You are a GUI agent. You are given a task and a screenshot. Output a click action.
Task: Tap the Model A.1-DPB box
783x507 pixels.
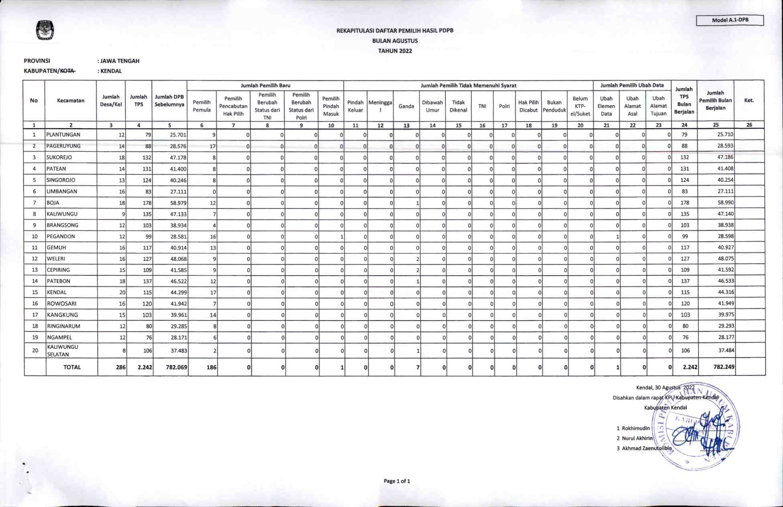[730, 20]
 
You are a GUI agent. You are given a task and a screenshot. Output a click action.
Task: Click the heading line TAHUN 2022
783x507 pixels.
[395, 51]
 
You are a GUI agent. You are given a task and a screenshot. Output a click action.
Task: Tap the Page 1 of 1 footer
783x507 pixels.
[397, 481]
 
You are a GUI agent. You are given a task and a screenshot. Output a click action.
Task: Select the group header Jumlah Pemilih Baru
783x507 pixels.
[265, 86]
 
